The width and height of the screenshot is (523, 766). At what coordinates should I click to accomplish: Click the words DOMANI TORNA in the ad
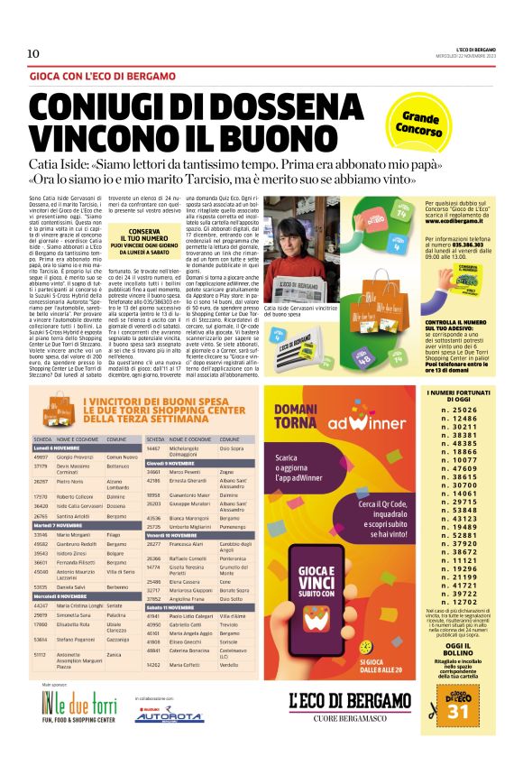(291, 418)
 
